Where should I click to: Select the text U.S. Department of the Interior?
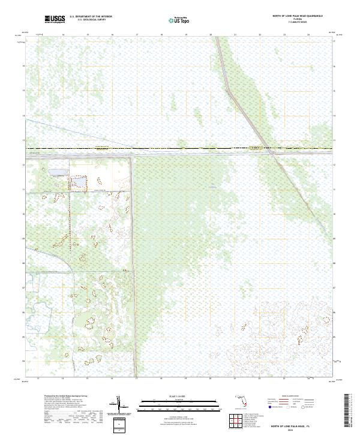(x=91, y=17)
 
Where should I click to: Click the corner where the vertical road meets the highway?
(x=133, y=155)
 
